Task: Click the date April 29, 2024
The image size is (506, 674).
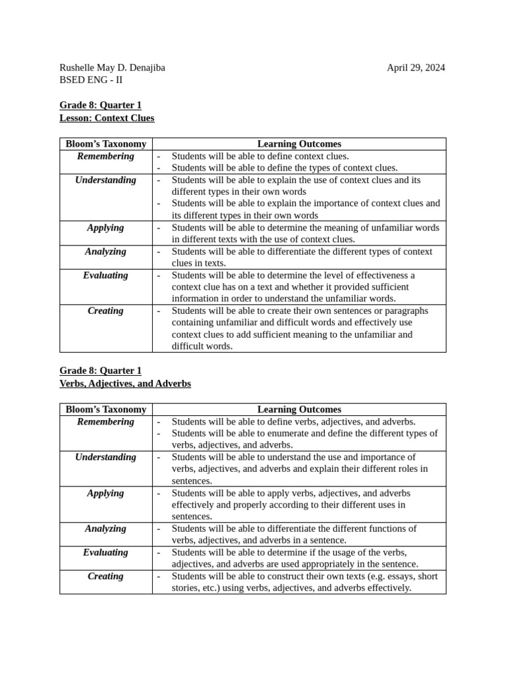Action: (x=415, y=68)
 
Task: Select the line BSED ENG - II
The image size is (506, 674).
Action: (x=91, y=80)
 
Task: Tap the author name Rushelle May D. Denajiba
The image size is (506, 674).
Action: (x=112, y=68)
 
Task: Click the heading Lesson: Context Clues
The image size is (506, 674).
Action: (x=107, y=118)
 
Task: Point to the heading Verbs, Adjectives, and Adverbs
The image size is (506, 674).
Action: (x=125, y=383)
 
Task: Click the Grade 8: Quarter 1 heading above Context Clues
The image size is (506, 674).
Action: (x=100, y=105)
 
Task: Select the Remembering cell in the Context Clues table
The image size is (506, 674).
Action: (x=105, y=157)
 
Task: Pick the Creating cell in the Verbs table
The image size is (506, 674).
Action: (x=105, y=577)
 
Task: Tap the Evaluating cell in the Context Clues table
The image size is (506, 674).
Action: (x=105, y=276)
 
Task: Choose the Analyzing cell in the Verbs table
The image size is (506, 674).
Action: (x=105, y=529)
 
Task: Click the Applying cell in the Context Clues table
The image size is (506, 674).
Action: (x=105, y=228)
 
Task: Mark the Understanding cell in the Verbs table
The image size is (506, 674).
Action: (x=105, y=457)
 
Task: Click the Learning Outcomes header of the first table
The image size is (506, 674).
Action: (x=299, y=144)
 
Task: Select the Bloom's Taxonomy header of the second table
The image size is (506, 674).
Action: (x=105, y=409)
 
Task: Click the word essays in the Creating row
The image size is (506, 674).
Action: (x=399, y=577)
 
